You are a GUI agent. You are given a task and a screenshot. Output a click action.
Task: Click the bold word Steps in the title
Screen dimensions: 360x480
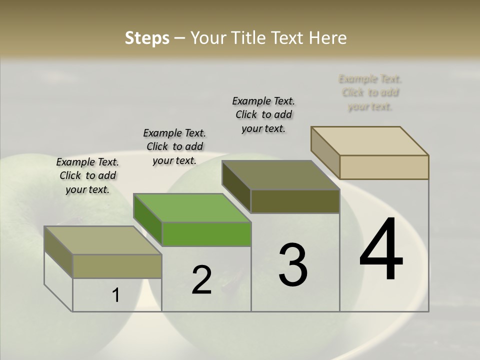click(147, 38)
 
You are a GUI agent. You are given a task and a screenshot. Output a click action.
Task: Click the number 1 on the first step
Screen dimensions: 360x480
click(116, 295)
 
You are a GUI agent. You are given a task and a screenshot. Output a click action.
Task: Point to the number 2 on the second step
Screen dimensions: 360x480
click(201, 280)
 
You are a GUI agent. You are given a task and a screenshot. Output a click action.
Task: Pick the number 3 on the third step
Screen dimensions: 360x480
click(292, 264)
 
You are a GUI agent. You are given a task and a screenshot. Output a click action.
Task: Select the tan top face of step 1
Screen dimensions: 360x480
click(102, 240)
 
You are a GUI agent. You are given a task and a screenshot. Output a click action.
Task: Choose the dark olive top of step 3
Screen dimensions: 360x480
click(280, 175)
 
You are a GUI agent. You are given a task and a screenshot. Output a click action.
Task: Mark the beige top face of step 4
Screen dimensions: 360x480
click(369, 140)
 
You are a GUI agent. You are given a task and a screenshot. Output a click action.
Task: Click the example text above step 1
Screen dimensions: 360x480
click(87, 175)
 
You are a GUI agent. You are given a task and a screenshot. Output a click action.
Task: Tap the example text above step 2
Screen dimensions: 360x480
click(174, 146)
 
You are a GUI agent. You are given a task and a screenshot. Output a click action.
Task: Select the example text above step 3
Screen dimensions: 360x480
click(263, 114)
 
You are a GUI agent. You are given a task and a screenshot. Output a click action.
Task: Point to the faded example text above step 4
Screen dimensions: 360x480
click(370, 92)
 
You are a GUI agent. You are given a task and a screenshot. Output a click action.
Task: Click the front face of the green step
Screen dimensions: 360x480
click(206, 234)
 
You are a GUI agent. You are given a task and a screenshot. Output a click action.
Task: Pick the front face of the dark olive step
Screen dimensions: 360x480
click(295, 201)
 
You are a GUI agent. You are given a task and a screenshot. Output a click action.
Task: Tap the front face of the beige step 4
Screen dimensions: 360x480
click(384, 167)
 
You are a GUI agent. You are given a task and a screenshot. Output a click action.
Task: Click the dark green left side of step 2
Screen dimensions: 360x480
click(147, 220)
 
